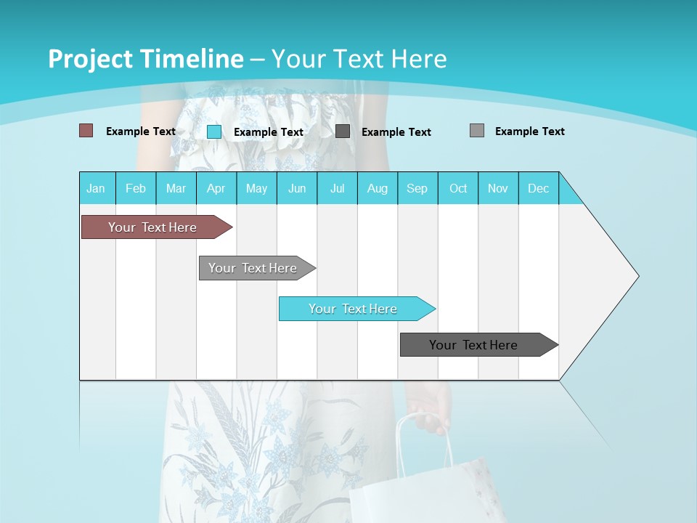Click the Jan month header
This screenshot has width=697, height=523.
pos(97,188)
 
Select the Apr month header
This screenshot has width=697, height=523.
pos(216,188)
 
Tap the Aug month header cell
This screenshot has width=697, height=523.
pos(378,188)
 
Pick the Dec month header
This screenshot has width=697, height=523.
pos(539,188)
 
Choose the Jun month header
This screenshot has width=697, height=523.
pos(297,188)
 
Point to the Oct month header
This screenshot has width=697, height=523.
pos(458,188)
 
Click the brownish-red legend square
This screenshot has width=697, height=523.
pos(86,131)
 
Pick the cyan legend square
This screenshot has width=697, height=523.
pos(214,131)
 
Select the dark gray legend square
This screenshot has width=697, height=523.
pos(343,131)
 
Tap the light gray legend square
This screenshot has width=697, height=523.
pos(477,131)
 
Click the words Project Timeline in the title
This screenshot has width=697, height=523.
pos(145,59)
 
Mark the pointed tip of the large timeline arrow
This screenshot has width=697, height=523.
pos(637,276)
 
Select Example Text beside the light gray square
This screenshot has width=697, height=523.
pos(529,131)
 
